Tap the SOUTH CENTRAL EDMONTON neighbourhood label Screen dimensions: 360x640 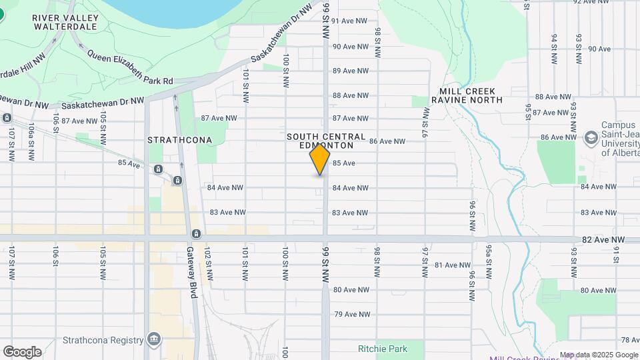click(x=326, y=141)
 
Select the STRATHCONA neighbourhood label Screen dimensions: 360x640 click(x=179, y=140)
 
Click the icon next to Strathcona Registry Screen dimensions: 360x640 click(x=155, y=339)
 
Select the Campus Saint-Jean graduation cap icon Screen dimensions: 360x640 click(x=591, y=138)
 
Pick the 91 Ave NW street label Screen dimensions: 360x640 click(x=350, y=21)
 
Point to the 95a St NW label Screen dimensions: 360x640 click(x=489, y=261)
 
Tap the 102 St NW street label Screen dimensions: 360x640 click(x=209, y=262)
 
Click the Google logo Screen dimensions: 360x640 click(x=22, y=352)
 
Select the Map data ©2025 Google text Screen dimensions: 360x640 click(x=599, y=355)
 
